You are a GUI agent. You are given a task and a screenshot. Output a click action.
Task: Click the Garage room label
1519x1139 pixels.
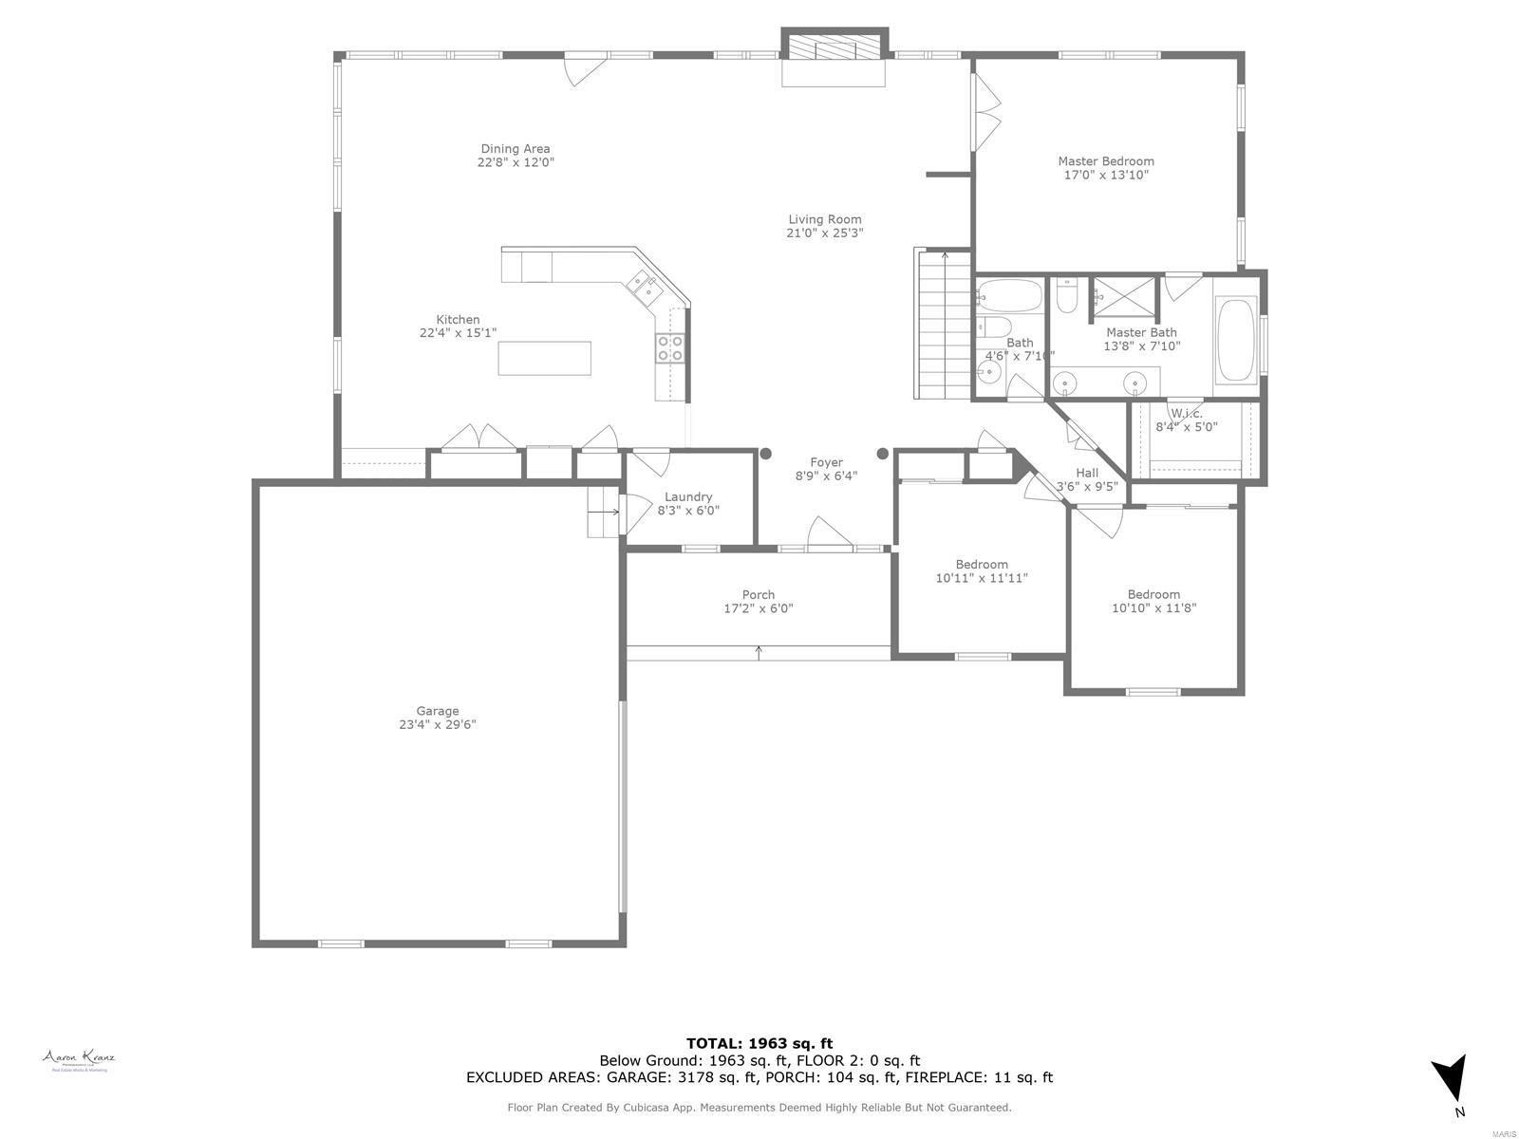438,711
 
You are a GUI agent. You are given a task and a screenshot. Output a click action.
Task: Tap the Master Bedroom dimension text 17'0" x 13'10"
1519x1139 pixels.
1106,175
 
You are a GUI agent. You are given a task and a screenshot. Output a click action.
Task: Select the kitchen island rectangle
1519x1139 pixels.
545,358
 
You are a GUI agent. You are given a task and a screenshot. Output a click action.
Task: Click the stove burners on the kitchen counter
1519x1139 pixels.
670,348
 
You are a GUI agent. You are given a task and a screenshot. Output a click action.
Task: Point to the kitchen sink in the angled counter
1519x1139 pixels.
641,283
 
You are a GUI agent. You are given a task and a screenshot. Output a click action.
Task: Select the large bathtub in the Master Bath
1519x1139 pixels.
1236,341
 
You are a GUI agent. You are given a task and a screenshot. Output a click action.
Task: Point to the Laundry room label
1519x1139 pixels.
688,496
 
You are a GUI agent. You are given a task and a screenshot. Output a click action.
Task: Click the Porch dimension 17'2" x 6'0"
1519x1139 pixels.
758,608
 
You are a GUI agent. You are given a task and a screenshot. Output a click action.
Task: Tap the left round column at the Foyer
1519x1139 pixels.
765,454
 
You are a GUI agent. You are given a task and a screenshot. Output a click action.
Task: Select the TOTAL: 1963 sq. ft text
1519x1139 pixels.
759,1043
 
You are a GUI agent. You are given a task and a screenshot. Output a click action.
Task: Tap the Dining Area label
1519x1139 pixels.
516,149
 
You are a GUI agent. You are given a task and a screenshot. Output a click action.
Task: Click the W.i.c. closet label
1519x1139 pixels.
1186,413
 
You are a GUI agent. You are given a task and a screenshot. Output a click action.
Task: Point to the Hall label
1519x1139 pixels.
1087,473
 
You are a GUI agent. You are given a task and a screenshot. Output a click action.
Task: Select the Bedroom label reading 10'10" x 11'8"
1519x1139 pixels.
1153,594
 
